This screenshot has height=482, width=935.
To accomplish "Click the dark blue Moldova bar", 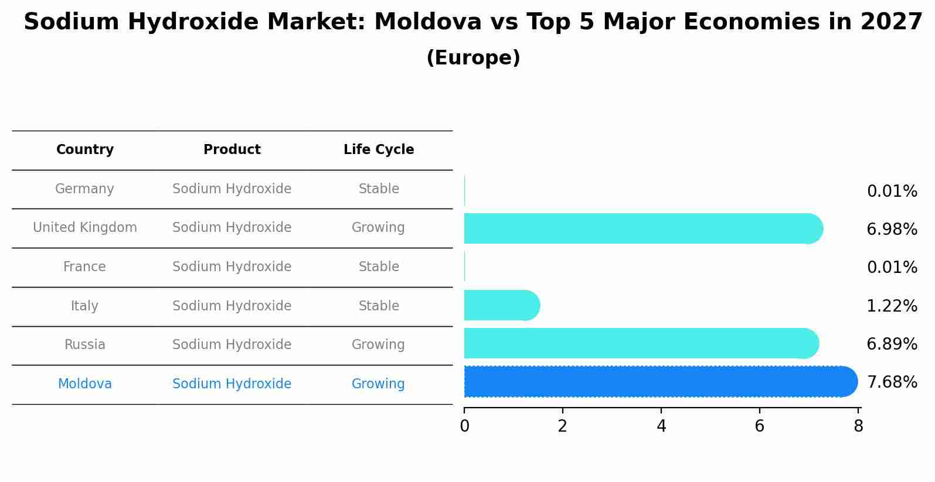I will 659,382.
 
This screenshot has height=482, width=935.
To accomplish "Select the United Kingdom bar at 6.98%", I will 642,228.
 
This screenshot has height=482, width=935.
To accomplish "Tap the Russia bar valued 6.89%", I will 640,344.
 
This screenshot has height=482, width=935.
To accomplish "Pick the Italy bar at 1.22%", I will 501,305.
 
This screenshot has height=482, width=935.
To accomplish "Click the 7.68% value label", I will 892,382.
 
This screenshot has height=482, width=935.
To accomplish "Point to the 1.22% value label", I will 892,306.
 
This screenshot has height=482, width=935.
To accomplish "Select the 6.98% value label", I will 892,229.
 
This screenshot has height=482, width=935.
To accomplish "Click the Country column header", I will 85,150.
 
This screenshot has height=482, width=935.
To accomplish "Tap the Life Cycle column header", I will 379,150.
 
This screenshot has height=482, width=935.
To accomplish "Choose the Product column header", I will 232,150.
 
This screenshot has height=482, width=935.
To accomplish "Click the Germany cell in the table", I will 84,189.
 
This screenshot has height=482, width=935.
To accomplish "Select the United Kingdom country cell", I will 85,228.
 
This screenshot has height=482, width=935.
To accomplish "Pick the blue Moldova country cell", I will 85,384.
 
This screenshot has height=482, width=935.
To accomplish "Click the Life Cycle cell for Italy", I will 379,306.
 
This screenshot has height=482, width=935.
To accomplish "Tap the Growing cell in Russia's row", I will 378,345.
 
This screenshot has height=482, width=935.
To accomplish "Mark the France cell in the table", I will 84,267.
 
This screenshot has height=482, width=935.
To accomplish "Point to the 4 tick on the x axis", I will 661,426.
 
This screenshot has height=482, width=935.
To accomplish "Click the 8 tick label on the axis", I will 858,426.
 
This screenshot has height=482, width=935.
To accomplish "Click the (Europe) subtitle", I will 473,58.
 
